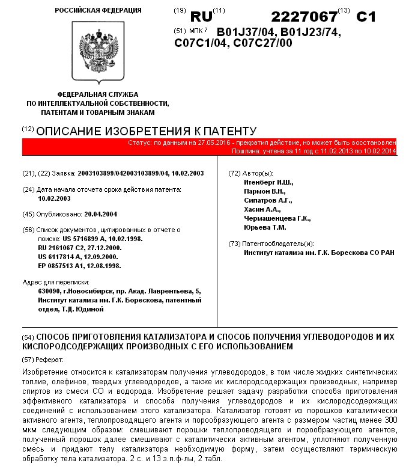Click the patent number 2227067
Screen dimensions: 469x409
point(303,16)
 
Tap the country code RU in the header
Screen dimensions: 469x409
point(201,17)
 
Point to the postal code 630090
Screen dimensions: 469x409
point(49,291)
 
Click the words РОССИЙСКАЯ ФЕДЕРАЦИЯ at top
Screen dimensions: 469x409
point(98,10)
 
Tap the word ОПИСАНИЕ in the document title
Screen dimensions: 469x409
point(68,130)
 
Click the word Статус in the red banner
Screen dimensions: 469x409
point(140,143)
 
